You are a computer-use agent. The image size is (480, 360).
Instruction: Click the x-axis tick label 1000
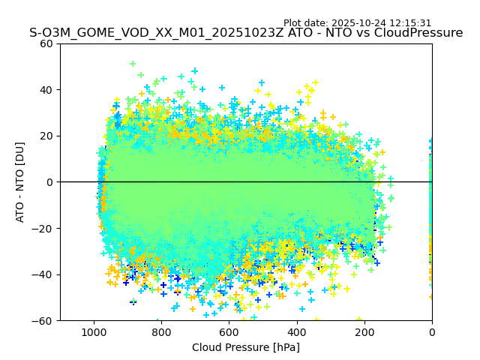(94, 331)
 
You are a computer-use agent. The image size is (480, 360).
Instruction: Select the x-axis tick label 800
(161, 331)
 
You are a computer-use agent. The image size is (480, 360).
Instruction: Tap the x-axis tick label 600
(229, 331)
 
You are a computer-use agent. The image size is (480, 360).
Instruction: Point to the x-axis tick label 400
(297, 331)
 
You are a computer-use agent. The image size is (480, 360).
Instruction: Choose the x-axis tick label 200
(364, 331)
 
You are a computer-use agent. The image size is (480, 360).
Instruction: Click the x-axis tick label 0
(432, 331)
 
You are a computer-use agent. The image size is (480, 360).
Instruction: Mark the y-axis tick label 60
(47, 43)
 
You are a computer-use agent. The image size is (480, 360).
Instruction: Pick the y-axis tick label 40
(47, 90)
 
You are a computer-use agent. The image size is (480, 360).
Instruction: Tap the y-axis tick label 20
(47, 136)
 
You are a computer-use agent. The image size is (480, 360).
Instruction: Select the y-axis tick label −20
(44, 228)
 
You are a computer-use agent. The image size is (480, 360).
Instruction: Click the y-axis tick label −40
(44, 274)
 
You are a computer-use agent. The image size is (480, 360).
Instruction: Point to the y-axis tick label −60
(44, 320)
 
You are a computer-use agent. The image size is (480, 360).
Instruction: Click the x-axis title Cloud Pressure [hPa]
(246, 347)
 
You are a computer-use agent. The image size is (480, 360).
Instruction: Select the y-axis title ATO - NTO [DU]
(20, 182)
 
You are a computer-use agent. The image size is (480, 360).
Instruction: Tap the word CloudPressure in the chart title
(418, 33)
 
